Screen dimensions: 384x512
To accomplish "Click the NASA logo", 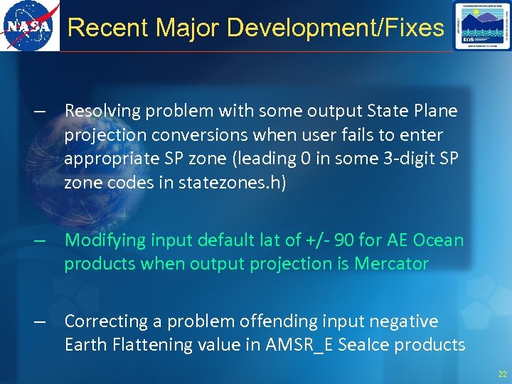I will coord(29,26).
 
